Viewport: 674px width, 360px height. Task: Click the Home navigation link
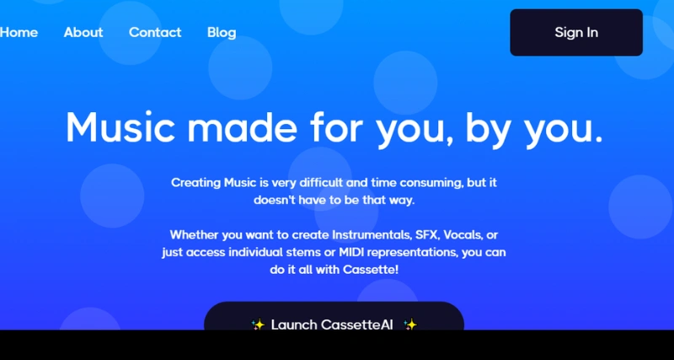pyautogui.click(x=19, y=32)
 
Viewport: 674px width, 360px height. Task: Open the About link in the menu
pyautogui.click(x=83, y=32)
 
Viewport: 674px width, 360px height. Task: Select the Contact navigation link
pyautogui.click(x=155, y=32)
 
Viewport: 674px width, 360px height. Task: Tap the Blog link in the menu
pyautogui.click(x=222, y=32)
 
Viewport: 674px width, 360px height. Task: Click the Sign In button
pyautogui.click(x=576, y=33)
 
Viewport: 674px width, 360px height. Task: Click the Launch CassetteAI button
pyautogui.click(x=334, y=324)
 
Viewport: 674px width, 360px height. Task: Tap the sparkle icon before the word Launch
pyautogui.click(x=258, y=325)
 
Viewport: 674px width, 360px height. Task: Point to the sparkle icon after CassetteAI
pyautogui.click(x=410, y=325)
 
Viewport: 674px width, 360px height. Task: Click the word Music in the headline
pyautogui.click(x=120, y=127)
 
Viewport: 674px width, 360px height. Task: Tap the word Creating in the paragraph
pyautogui.click(x=195, y=182)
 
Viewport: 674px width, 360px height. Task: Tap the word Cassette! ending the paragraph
pyautogui.click(x=368, y=270)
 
